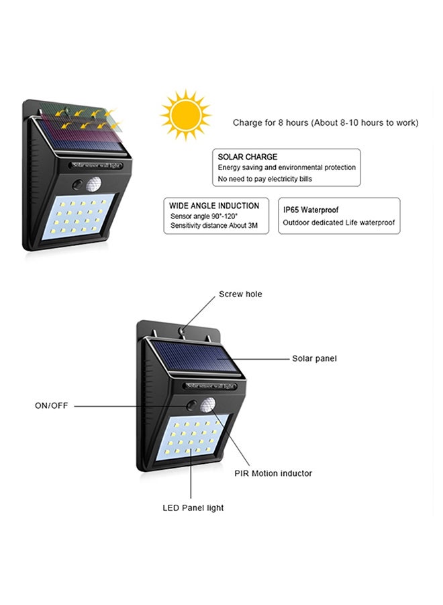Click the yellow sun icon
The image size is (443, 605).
pos(186,114)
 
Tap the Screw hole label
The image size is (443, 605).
pos(240,294)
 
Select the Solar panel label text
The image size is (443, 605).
pos(314,358)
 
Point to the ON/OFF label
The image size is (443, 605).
pos(51,405)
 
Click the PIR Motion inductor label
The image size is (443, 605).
pos(273,473)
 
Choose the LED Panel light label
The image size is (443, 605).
pos(193,508)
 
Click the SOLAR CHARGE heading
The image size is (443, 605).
pos(247,157)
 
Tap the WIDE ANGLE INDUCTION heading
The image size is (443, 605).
pos(214,206)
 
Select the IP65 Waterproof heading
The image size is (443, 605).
pos(311,210)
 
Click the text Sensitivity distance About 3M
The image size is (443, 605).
pos(214,225)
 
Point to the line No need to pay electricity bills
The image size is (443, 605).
pos(264,179)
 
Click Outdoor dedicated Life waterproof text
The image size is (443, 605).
pos(338,223)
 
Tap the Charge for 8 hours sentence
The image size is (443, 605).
pos(326,123)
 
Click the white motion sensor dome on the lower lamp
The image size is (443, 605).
pos(207,405)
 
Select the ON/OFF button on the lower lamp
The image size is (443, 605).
pos(191,406)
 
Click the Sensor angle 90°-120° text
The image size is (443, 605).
pos(204,216)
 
